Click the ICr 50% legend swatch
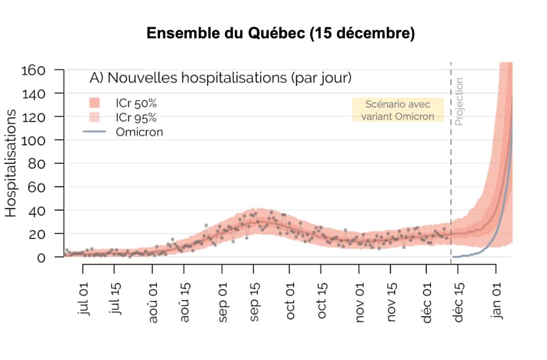[x=94, y=102]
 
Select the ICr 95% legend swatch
[x=94, y=117]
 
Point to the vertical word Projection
[x=459, y=101]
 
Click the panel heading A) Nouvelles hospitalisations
[x=220, y=78]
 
